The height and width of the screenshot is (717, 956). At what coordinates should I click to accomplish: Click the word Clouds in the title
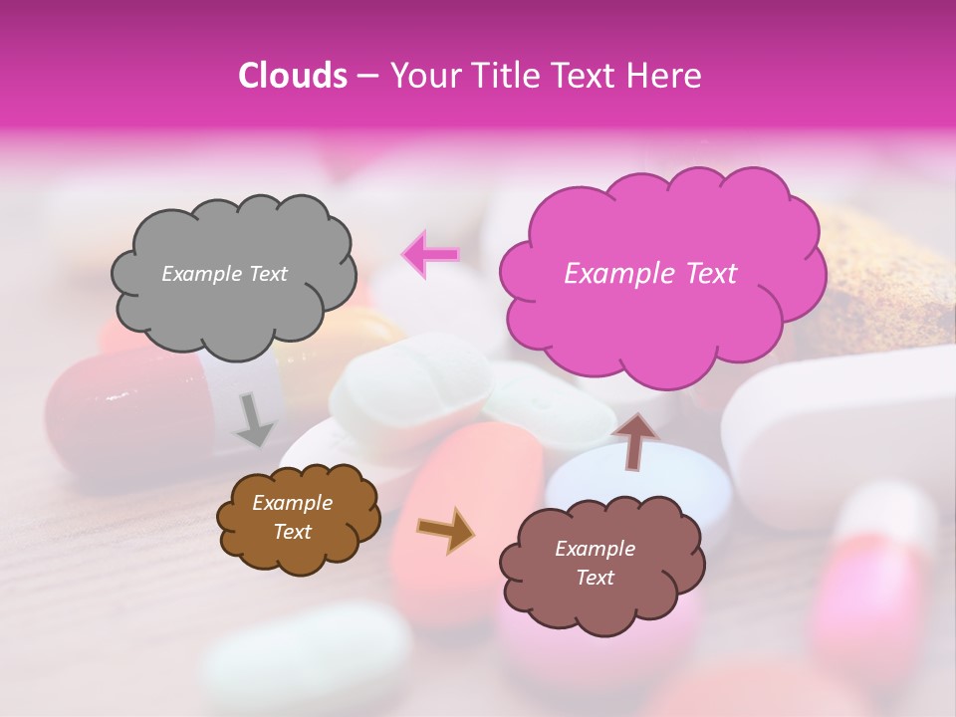(293, 76)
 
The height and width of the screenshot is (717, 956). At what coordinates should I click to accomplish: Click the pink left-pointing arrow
(430, 255)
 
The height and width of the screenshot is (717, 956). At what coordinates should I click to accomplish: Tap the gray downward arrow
(253, 418)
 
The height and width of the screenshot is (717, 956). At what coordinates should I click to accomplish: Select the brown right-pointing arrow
(446, 531)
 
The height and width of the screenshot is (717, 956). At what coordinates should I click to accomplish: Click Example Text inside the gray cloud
(224, 274)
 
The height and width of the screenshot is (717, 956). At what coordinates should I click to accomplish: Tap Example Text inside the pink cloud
(650, 274)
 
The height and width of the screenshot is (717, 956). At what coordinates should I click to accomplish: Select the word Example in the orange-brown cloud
(292, 504)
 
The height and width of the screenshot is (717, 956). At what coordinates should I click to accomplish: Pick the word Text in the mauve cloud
(596, 578)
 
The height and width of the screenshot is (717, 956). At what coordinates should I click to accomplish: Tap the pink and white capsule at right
(876, 578)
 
